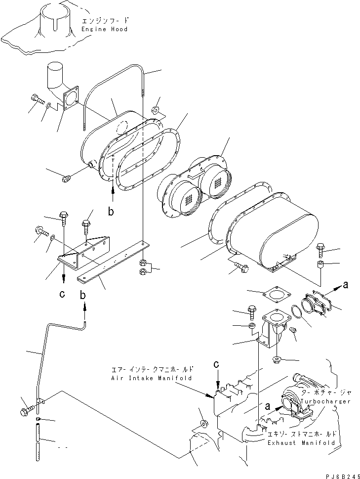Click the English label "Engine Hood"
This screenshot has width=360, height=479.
(104, 29)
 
